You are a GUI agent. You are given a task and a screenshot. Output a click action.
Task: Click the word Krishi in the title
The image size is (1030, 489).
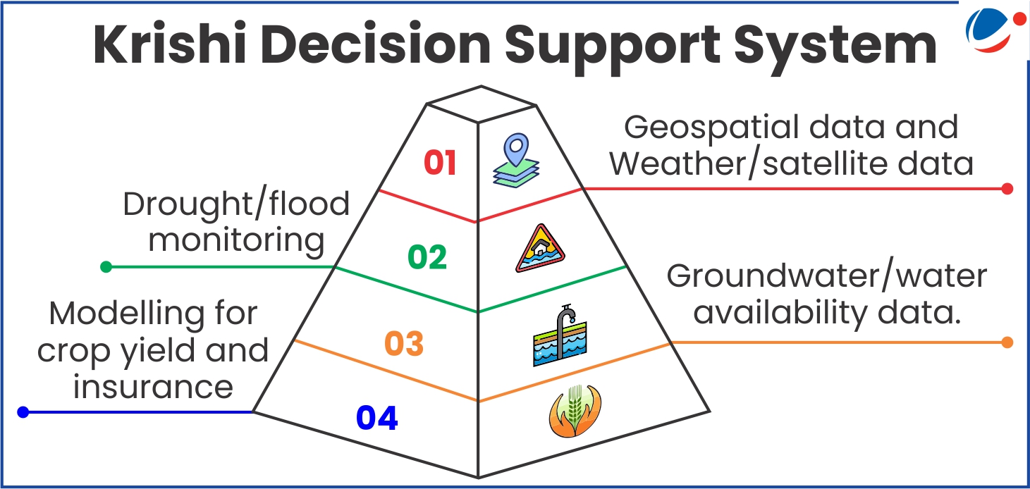(170, 44)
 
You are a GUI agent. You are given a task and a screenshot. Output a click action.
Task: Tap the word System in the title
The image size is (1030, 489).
(835, 48)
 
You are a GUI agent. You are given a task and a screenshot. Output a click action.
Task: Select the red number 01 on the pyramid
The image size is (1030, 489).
(440, 163)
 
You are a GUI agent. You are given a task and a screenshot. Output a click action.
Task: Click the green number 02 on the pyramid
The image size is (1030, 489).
(427, 257)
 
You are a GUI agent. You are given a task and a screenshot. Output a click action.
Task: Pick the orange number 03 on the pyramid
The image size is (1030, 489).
(404, 344)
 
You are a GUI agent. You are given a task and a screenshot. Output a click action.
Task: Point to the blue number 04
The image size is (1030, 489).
(377, 418)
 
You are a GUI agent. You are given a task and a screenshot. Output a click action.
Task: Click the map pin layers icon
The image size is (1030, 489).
(516, 161)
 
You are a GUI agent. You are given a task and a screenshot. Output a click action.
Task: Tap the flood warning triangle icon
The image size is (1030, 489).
(540, 249)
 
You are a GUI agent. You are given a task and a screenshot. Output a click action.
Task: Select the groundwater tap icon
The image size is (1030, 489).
(560, 335)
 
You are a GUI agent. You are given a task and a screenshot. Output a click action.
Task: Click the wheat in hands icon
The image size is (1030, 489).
(575, 411)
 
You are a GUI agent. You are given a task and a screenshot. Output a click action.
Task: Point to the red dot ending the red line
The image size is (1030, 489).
(1007, 188)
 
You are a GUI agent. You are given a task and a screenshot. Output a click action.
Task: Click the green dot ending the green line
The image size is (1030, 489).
(106, 266)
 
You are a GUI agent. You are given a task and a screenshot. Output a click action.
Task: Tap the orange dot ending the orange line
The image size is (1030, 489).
(1007, 342)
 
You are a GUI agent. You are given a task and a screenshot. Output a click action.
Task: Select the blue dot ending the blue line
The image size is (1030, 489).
(23, 412)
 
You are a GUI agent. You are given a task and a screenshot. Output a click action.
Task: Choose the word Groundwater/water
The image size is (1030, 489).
(827, 277)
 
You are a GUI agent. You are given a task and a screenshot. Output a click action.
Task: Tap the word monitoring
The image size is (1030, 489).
(236, 241)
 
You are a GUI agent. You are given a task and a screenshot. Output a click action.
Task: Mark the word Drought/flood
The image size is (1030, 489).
(236, 204)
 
